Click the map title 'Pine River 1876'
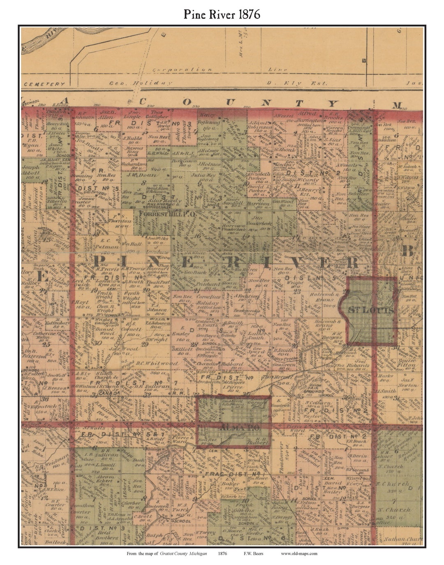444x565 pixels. pos(222,15)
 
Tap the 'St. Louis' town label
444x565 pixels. pos(371,310)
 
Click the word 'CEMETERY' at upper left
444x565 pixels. pos(44,84)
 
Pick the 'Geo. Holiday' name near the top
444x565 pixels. pos(140,83)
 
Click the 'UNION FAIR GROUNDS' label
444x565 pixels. pos(327,387)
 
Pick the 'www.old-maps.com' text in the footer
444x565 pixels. pos(299,553)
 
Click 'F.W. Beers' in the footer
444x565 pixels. pos(253,553)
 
